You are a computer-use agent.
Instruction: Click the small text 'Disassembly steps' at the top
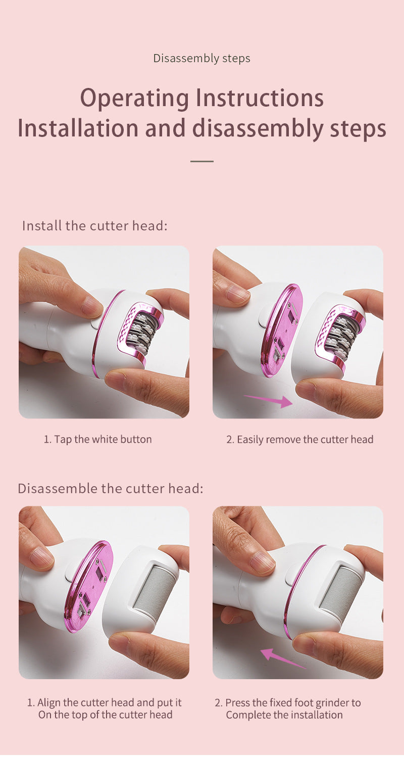click(x=201, y=59)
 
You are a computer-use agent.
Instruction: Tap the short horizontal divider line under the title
click(x=201, y=161)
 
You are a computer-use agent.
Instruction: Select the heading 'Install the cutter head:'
click(x=94, y=225)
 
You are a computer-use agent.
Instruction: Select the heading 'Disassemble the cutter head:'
click(x=110, y=489)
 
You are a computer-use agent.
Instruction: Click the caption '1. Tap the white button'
click(x=97, y=439)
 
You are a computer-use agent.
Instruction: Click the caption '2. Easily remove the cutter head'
click(x=299, y=439)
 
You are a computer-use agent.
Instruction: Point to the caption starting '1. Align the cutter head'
click(x=105, y=708)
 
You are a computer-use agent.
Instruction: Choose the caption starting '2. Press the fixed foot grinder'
click(x=288, y=708)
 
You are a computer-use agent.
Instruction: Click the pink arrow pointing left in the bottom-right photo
click(x=283, y=658)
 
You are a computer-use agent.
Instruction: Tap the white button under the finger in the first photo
click(x=96, y=321)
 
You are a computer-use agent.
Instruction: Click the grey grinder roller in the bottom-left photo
click(x=154, y=590)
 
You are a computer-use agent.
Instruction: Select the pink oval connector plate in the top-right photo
click(x=282, y=329)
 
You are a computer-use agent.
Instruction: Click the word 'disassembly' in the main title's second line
click(x=256, y=129)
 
